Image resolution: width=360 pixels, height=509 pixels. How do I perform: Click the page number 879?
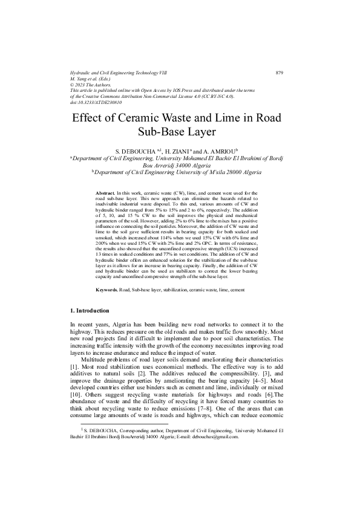tap(280, 73)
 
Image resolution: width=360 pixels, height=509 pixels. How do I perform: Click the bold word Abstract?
tap(105, 192)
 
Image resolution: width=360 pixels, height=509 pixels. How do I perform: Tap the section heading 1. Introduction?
tap(90, 311)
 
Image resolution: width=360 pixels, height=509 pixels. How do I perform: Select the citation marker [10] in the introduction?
tap(77, 395)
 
